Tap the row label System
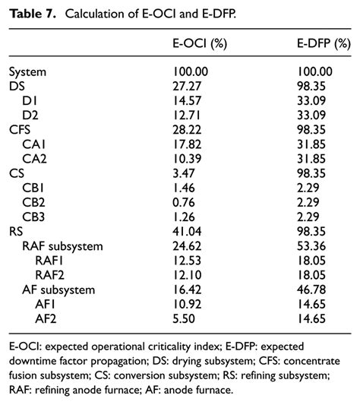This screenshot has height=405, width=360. pos(28,72)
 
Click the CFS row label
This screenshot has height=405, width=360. pos(21,128)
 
